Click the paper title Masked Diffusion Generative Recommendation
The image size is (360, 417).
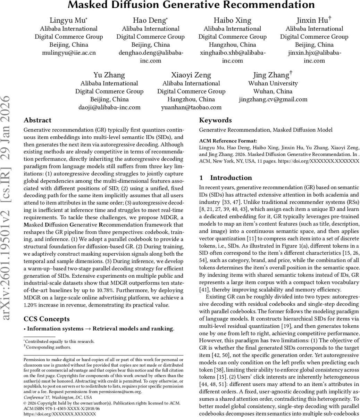click(x=191, y=5)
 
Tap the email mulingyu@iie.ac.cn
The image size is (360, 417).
click(x=69, y=52)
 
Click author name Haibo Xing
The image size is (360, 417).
click(x=232, y=20)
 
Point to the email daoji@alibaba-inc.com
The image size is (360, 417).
click(x=109, y=107)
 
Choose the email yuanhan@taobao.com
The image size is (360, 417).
click(x=191, y=107)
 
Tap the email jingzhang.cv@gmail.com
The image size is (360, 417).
click(x=273, y=99)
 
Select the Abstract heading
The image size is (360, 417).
click(x=37, y=120)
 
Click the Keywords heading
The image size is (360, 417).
click(x=215, y=120)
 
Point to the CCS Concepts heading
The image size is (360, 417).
click(x=47, y=319)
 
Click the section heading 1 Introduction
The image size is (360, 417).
click(x=226, y=178)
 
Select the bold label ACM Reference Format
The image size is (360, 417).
click(x=228, y=141)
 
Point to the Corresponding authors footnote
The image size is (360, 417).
click(x=48, y=347)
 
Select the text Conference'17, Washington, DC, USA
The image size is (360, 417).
click(x=58, y=397)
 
